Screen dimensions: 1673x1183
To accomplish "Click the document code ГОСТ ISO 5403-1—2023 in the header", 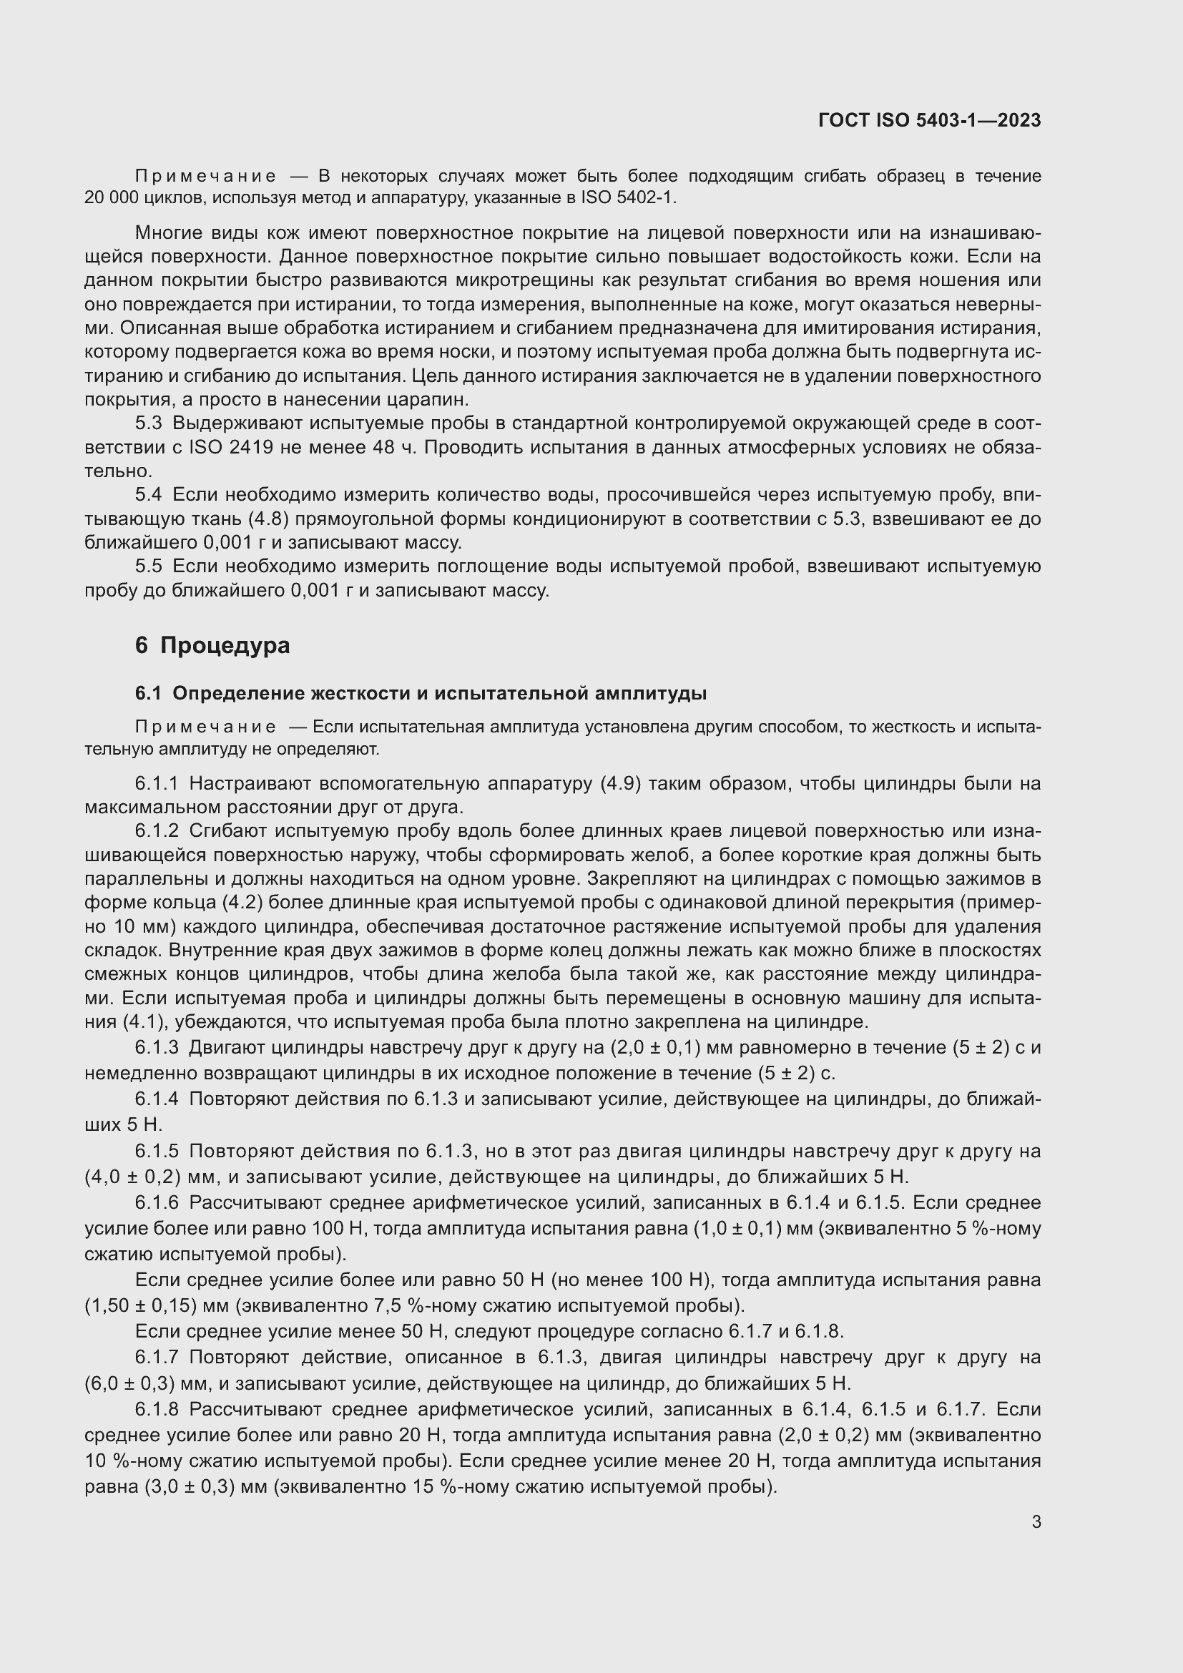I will pos(930,120).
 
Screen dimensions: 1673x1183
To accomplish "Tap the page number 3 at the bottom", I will pos(1036,1521).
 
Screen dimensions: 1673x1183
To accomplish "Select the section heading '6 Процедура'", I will pos(212,645).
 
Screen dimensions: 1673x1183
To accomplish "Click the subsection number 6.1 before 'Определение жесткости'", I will pos(148,693).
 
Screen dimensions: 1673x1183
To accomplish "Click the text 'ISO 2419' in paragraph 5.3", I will pos(231,446).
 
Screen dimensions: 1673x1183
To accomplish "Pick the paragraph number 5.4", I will pos(149,495).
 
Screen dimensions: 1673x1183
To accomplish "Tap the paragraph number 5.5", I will pos(149,566).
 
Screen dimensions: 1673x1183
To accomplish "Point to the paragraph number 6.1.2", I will pos(157,830).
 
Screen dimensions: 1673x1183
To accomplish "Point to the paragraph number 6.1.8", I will pos(157,1409).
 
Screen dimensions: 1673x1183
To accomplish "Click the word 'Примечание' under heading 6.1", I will pos(205,727).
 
